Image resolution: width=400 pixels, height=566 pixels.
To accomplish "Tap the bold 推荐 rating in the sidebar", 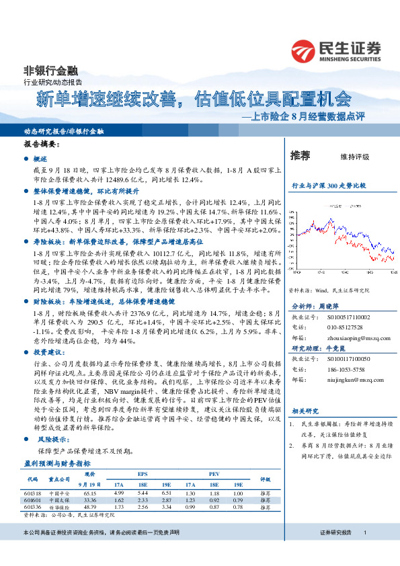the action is pos(300,156).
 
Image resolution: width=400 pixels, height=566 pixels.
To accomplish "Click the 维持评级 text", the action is pos(355,157).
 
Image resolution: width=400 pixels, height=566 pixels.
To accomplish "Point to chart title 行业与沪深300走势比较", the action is pos(329,185).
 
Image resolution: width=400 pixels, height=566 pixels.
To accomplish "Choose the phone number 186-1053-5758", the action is pos(346,370).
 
